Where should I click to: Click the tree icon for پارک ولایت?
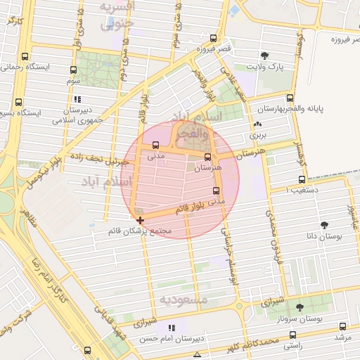(264, 56)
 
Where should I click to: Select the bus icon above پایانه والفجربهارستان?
(290, 98)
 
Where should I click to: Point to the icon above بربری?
(255, 125)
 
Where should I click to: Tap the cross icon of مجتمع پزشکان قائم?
(141, 220)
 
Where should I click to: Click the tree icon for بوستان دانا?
(324, 225)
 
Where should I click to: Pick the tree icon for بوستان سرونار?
(300, 307)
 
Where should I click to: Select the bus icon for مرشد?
(342, 326)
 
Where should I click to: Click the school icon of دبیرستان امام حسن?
(171, 328)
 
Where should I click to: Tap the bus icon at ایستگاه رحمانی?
(26, 56)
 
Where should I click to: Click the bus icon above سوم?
(74, 70)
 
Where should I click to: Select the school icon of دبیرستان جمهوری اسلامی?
(77, 99)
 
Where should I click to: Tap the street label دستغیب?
(309, 189)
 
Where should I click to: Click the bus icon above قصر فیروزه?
(213, 38)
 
